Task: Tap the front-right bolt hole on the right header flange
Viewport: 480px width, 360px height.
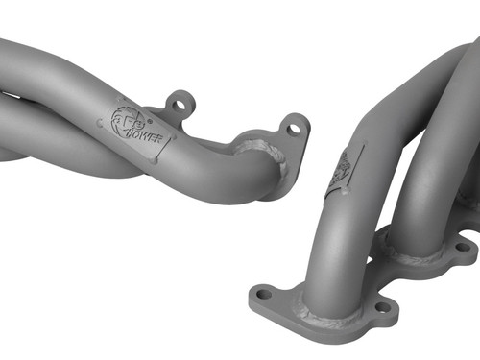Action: pos(383,308)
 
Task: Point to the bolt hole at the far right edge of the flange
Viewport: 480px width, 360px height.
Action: pos(462,248)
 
